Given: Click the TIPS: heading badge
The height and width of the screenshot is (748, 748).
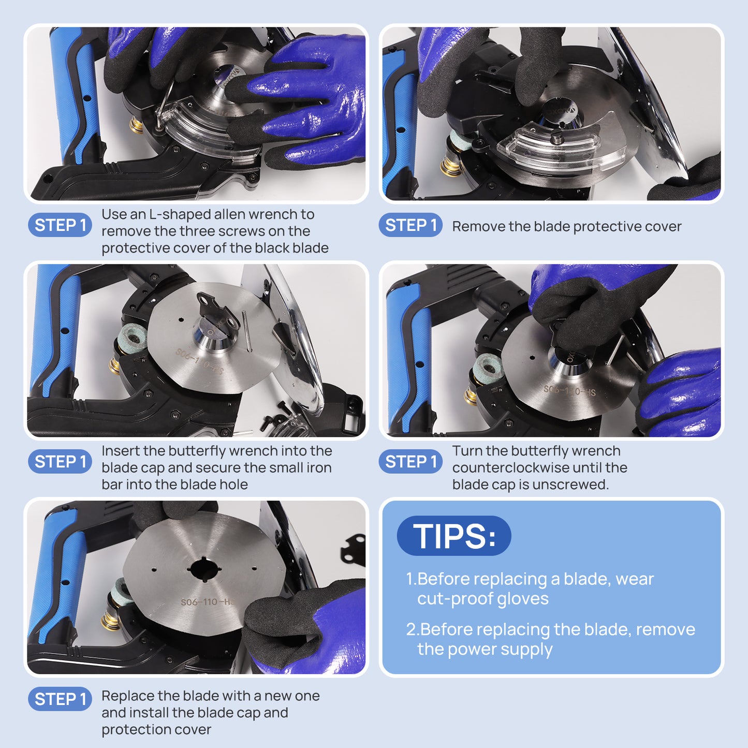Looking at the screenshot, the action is point(454,536).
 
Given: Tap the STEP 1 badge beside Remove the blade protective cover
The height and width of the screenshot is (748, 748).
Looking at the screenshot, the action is point(410,225).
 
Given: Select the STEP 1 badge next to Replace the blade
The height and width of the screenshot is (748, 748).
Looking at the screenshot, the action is point(60,699).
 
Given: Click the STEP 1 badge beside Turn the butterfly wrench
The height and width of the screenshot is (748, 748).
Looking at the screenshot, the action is point(410,462).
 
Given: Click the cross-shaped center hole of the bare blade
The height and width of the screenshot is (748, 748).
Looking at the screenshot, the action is point(204,569).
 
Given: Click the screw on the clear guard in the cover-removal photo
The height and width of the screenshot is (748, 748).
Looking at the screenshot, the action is point(557,137).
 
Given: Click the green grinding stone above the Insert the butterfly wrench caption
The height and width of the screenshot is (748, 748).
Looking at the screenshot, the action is point(133,338).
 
